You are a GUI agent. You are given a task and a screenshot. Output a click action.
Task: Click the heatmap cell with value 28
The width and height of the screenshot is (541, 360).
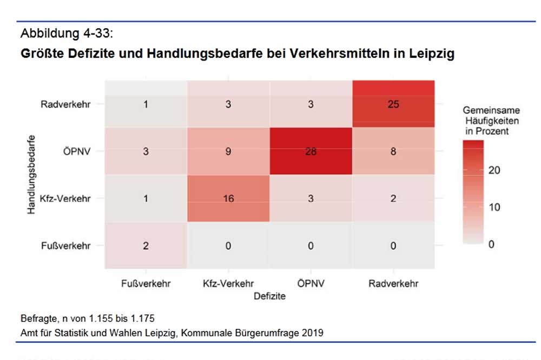pos(311,151)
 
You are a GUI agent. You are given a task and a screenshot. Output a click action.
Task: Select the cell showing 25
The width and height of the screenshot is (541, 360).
pos(393,104)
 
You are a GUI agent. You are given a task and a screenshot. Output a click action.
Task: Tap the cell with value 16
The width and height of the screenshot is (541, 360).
pos(228,198)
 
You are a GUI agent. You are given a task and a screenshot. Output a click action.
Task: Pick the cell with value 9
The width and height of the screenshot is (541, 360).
pos(228,151)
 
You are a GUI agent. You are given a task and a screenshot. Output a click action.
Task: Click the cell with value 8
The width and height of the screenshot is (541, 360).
pos(393,151)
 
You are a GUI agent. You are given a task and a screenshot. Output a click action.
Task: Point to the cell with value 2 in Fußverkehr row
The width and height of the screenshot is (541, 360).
pos(146,245)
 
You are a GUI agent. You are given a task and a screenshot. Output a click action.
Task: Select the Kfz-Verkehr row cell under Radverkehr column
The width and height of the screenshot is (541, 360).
pos(393,198)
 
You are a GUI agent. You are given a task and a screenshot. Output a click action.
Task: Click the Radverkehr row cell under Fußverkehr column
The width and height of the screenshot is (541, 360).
pos(146,104)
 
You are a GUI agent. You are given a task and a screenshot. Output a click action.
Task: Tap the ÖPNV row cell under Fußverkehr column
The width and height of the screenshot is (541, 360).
pos(146,151)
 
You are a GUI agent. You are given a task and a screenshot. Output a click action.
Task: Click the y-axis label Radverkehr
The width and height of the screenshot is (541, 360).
pos(65,104)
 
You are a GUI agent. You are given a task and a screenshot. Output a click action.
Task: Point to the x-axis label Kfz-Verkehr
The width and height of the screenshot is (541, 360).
pos(228,283)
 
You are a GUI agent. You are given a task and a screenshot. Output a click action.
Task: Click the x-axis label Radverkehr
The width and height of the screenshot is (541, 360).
pos(393,283)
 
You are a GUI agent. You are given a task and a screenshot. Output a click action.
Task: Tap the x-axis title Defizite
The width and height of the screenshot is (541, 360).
pos(269,296)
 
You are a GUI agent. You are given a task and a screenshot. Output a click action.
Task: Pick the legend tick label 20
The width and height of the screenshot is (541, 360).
pos(494,170)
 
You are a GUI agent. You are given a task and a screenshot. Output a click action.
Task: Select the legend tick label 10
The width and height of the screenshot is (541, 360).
pos(494,208)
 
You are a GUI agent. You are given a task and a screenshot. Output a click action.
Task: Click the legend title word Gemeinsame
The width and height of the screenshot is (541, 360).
pos(491,110)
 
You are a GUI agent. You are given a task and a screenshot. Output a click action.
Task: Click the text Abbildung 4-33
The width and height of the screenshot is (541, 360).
pos(67,34)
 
